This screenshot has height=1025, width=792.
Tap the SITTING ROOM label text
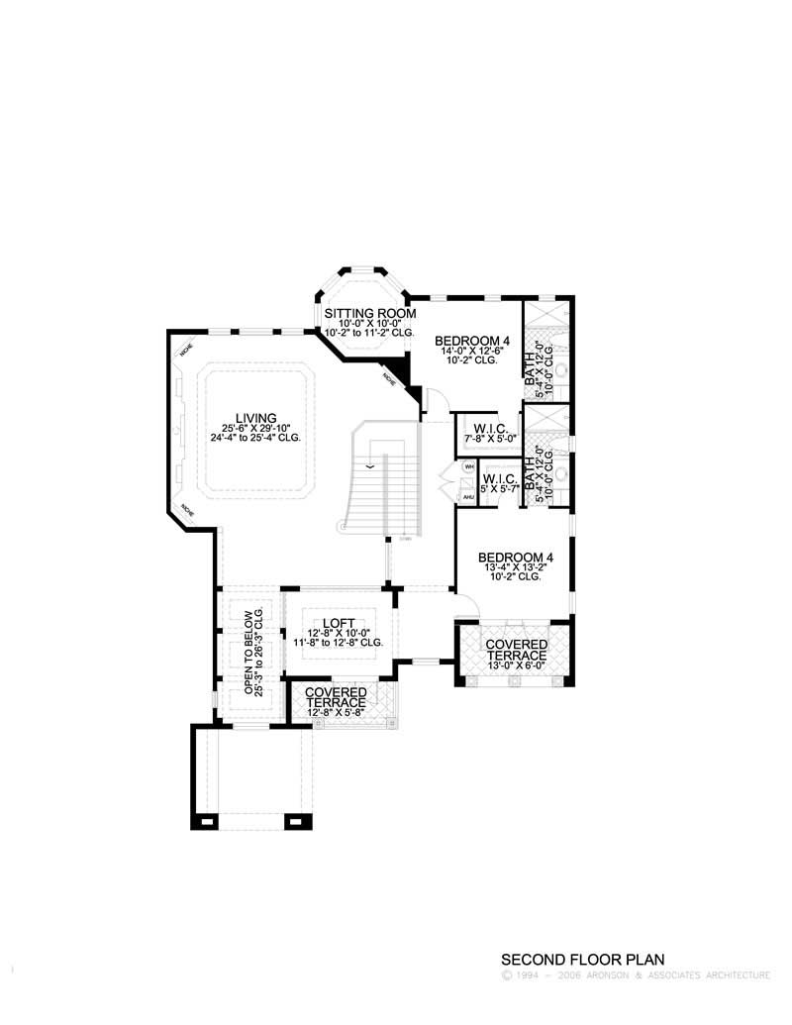tap(363, 313)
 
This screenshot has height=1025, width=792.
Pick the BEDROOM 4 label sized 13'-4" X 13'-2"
tap(514, 557)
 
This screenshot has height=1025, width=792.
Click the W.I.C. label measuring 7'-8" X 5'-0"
tap(490, 429)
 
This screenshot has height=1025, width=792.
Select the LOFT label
tap(339, 623)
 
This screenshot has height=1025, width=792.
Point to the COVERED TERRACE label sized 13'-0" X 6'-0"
tap(515, 650)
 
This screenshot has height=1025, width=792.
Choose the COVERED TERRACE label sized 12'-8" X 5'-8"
tap(336, 696)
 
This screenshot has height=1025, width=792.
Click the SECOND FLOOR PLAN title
tap(581, 960)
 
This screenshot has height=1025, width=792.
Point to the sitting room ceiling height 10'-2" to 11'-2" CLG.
tap(363, 333)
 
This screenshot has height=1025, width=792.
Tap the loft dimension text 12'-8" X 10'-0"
tap(339, 633)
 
